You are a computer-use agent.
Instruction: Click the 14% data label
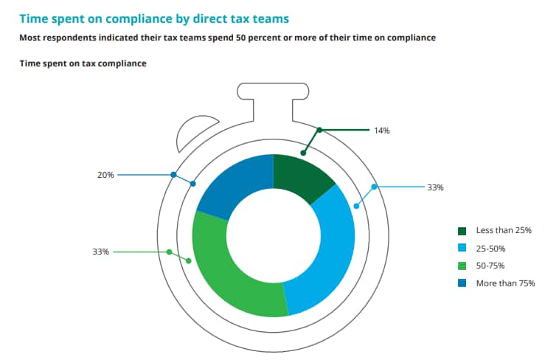tap(381, 131)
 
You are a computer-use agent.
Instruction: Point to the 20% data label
tap(105, 175)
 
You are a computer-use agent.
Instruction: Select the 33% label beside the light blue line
tap(435, 187)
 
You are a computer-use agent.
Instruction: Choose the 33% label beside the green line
tap(100, 252)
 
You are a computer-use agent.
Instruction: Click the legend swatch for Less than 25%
tap(462, 230)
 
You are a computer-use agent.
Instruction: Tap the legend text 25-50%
tap(491, 248)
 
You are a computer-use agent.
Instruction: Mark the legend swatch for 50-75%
tap(462, 266)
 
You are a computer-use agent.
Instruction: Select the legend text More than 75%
tap(505, 283)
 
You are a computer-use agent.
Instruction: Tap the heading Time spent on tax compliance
tap(83, 63)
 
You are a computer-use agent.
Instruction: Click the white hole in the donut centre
tap(274, 235)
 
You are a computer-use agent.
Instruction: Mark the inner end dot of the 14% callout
tap(303, 153)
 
